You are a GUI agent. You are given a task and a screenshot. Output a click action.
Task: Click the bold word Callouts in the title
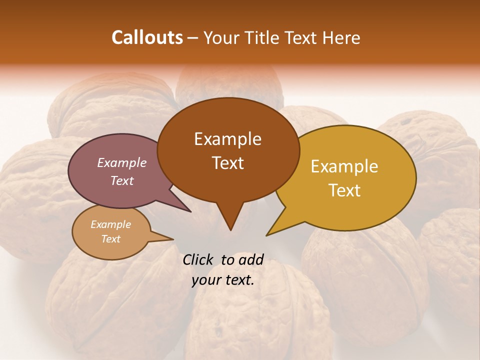pyautogui.click(x=147, y=37)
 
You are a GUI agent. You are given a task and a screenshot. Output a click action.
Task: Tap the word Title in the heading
pyautogui.click(x=263, y=37)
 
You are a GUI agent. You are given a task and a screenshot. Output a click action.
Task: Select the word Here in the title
pyautogui.click(x=341, y=37)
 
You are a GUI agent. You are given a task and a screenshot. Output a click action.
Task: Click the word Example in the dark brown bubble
pyautogui.click(x=227, y=139)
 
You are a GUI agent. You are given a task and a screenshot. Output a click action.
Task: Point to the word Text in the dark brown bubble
pyautogui.click(x=228, y=163)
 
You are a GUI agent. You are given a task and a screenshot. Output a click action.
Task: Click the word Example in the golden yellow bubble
pyautogui.click(x=344, y=166)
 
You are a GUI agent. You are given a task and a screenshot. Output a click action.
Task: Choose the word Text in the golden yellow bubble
pyautogui.click(x=345, y=190)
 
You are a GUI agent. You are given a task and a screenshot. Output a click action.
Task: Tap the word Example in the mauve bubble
pyautogui.click(x=121, y=162)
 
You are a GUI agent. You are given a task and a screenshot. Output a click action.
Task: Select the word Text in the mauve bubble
pyautogui.click(x=122, y=180)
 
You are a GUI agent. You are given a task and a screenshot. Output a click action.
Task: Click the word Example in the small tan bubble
pyautogui.click(x=110, y=224)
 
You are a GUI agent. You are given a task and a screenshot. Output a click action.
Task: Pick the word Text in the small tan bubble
pyautogui.click(x=110, y=239)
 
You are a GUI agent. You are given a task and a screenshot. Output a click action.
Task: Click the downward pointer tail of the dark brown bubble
pyautogui.click(x=230, y=220)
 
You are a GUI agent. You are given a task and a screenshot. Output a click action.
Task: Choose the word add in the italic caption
pyautogui.click(x=251, y=259)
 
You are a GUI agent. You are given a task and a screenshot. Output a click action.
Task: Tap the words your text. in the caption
pyautogui.click(x=223, y=280)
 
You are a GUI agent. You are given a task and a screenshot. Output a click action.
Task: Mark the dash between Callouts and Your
pyautogui.click(x=193, y=37)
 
